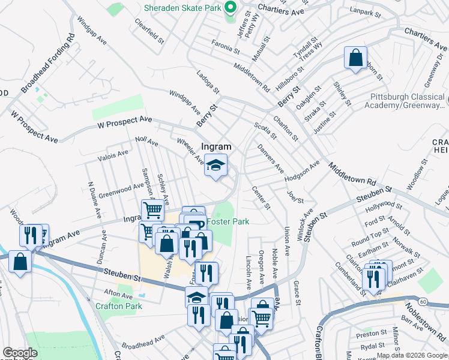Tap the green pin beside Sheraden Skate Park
click(230, 8)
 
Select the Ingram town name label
click(216, 146)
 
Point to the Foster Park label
click(228, 221)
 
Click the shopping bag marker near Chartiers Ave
click(355, 58)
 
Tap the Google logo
click(20, 353)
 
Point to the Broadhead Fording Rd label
click(48, 63)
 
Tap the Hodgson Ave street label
click(303, 170)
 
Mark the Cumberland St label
click(349, 278)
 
